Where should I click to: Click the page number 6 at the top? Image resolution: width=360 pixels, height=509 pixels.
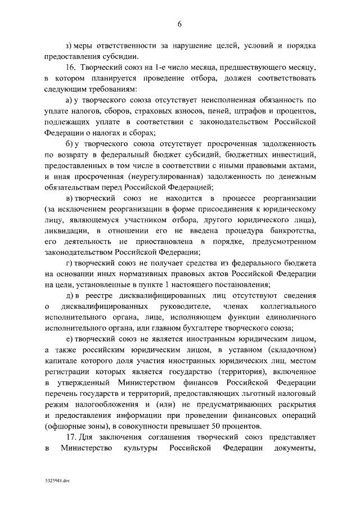[x=180, y=24]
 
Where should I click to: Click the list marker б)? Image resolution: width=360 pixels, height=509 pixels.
[x=70, y=145]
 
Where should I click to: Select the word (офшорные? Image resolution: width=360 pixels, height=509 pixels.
[x=66, y=426]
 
